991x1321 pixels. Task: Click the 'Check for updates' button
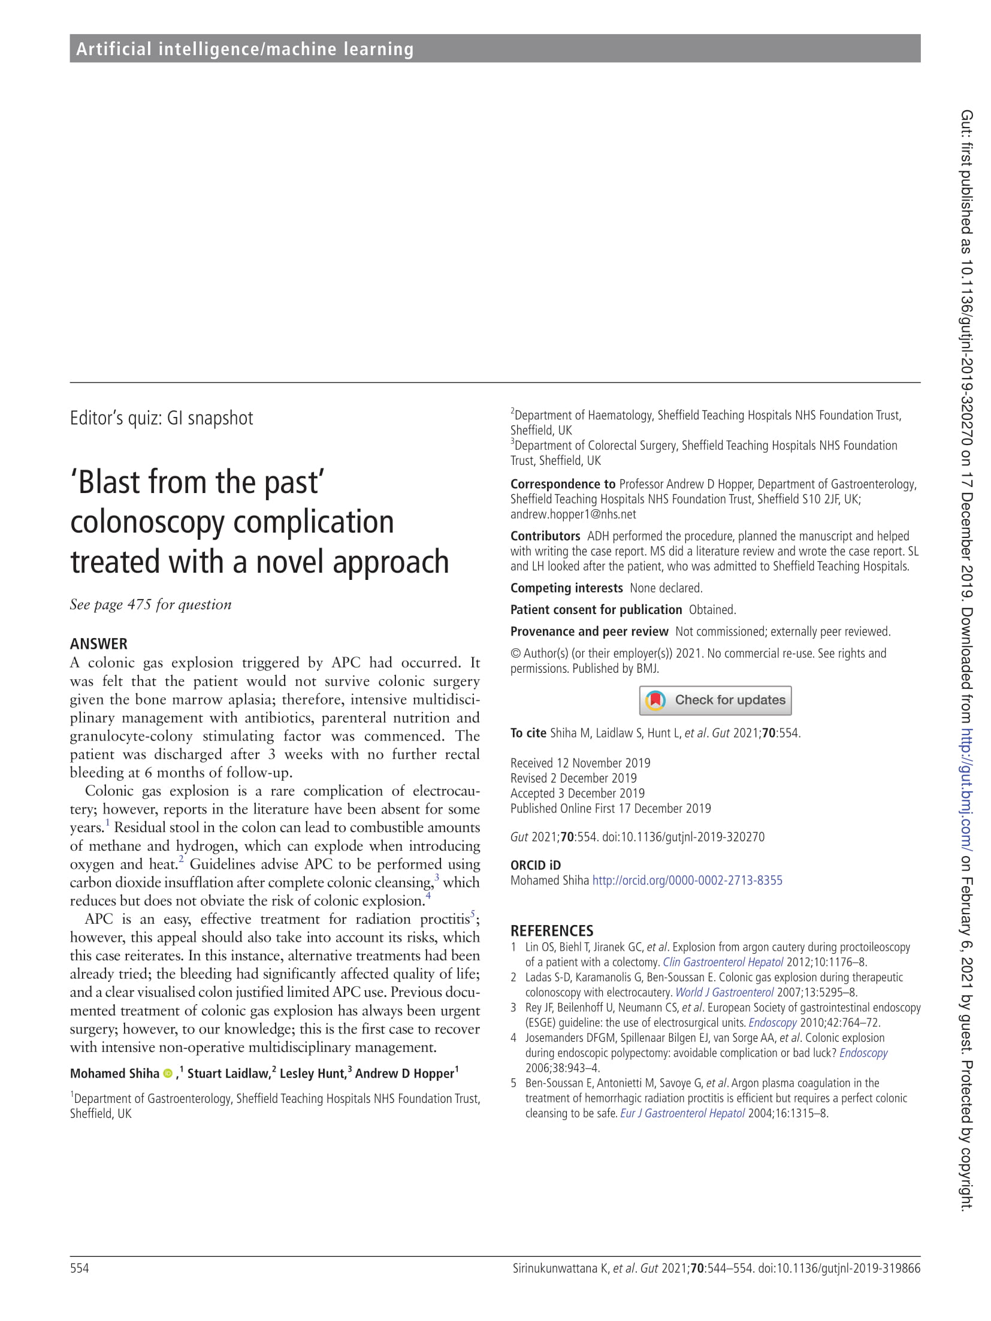coord(715,700)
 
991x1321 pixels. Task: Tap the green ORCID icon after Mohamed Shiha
coord(168,1074)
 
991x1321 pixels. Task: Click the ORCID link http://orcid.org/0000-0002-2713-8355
coord(687,880)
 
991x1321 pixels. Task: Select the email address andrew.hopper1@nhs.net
coord(573,514)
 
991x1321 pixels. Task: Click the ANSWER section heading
coord(99,644)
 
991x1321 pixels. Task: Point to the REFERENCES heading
coord(551,930)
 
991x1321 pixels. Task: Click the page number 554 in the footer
coord(79,1268)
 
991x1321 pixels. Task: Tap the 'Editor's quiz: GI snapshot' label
coord(161,418)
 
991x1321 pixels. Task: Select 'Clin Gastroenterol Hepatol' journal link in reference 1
coord(723,962)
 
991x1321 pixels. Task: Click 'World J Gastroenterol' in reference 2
coord(724,992)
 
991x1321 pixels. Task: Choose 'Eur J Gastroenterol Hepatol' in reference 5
coord(682,1113)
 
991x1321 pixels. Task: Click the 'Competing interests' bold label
coord(566,588)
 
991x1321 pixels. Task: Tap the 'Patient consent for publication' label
coord(596,609)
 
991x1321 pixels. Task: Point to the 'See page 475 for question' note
coord(150,604)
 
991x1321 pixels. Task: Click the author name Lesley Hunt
coord(313,1074)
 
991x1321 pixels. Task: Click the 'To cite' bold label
coord(528,733)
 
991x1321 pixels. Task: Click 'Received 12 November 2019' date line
coord(579,763)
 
